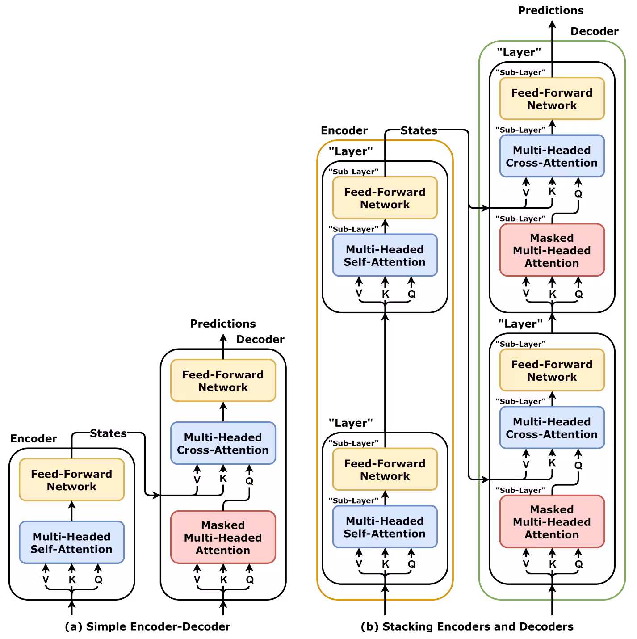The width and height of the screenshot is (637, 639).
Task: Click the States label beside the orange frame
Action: point(419,130)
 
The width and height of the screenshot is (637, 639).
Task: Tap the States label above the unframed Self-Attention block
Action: point(108,433)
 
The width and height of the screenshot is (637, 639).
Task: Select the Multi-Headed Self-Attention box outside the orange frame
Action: point(71,542)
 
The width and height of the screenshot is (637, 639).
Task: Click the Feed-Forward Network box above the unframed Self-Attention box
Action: point(71,480)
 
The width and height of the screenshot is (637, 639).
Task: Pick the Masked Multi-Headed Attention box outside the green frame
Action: point(223,537)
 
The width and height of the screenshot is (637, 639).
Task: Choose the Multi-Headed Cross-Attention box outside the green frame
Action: point(223,443)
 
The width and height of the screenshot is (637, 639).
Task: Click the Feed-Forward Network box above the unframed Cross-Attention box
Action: point(223,381)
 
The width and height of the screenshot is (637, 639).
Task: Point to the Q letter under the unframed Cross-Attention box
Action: point(249,481)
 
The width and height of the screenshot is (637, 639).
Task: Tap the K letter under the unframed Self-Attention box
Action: point(72,580)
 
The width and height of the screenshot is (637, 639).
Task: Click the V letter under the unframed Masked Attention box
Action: point(197,580)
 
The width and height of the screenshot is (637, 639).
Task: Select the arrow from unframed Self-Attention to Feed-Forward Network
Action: point(71,511)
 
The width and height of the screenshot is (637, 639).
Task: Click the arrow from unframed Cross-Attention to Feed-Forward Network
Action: point(223,412)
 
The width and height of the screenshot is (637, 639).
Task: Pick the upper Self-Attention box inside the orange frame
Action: point(385,256)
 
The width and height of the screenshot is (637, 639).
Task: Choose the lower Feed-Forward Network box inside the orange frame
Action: point(385,470)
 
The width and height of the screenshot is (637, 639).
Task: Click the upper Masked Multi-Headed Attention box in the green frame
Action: point(552,250)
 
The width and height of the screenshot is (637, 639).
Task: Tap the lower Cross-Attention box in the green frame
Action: point(552,428)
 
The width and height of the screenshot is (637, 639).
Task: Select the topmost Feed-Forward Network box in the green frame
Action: point(552,99)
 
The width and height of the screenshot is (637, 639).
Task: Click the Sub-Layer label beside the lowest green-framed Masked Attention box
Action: point(520,490)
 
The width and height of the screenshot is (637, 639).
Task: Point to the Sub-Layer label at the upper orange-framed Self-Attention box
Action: point(353,229)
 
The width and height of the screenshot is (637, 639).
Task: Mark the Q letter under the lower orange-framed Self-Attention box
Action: point(411,564)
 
